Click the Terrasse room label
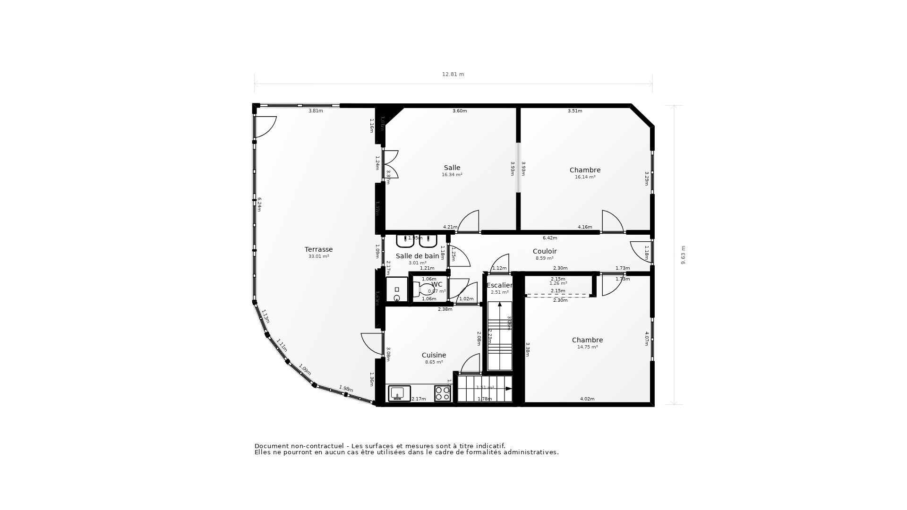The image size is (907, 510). [318, 249]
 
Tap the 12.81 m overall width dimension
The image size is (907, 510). [453, 74]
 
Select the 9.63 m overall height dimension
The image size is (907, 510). [683, 255]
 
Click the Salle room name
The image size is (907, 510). [452, 168]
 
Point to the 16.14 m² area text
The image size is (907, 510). [585, 177]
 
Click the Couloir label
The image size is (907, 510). [544, 251]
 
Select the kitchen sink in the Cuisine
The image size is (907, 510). [399, 393]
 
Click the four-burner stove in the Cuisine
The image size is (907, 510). [443, 393]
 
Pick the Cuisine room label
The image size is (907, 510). [434, 355]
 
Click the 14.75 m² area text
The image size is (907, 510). [587, 347]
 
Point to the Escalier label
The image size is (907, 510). [499, 285]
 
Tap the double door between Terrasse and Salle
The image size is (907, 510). [390, 164]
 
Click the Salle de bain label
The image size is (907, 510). [417, 256]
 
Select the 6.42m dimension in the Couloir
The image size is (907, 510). [550, 238]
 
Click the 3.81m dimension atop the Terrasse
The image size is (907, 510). [316, 111]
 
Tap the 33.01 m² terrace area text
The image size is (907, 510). [318, 256]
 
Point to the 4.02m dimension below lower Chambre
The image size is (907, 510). [587, 399]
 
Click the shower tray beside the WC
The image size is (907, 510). [397, 289]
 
